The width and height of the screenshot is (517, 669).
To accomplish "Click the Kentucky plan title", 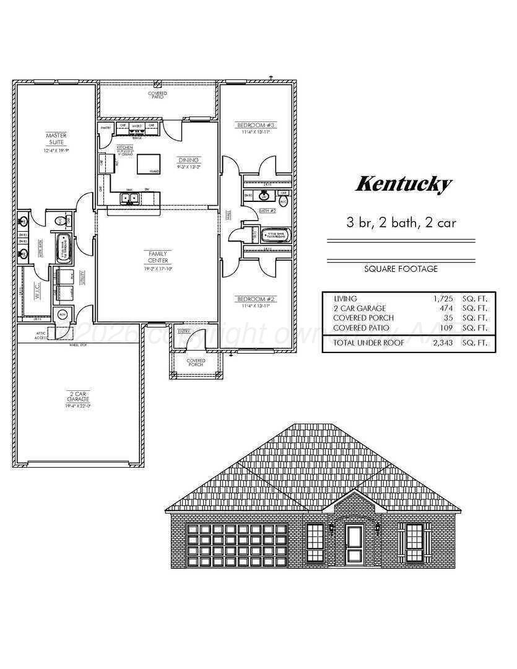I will point(403,184).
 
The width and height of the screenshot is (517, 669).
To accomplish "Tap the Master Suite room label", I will point(56,139).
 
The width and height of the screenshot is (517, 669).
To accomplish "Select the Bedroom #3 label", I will point(256,126).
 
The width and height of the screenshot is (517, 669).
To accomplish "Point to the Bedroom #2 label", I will point(256,299).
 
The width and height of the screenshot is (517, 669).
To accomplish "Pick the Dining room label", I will point(189,160).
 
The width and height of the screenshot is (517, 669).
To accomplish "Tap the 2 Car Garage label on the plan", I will point(79,396).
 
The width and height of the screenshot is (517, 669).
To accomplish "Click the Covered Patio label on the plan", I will point(157,95).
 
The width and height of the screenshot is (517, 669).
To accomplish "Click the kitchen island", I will point(149,163).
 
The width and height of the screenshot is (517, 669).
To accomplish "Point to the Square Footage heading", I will point(402,269).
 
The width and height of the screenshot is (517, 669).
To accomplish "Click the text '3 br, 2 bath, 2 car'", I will point(402,223).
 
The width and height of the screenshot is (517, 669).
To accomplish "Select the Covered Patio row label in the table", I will point(362,328).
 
